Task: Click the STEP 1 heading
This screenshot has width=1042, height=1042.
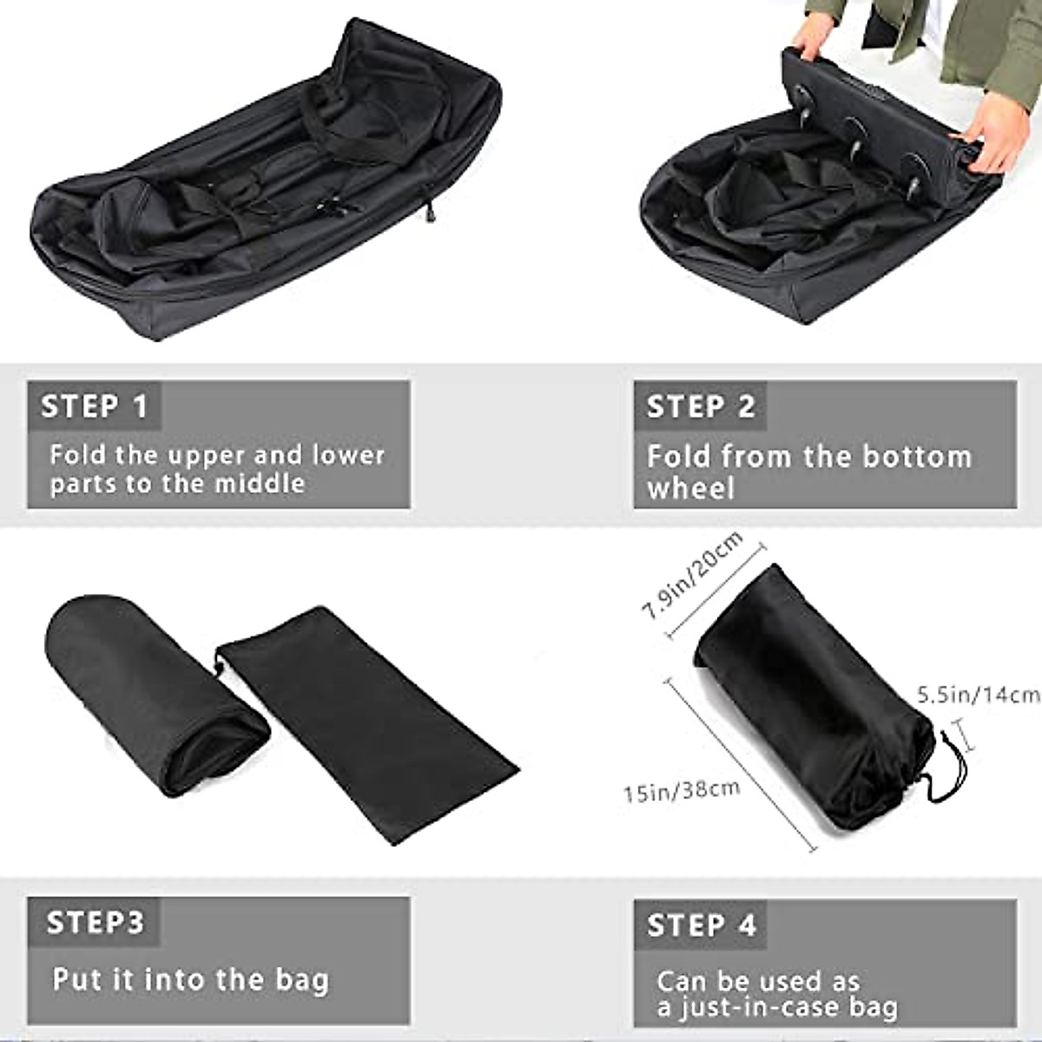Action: tap(95, 406)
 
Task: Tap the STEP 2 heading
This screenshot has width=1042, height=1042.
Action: tap(701, 406)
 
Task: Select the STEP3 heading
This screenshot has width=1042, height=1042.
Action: tap(95, 922)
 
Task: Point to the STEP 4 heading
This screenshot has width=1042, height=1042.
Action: tap(702, 925)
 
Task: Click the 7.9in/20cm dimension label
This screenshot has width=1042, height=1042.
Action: tap(692, 575)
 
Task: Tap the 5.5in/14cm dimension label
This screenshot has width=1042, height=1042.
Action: tap(978, 695)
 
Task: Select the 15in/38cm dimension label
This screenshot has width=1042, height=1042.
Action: tap(682, 791)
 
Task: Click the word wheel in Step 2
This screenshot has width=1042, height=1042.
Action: tap(690, 488)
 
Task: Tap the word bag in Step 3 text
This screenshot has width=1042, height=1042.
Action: tap(303, 979)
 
